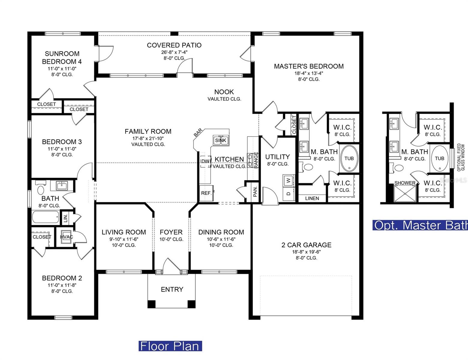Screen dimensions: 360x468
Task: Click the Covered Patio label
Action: [x=174, y=45]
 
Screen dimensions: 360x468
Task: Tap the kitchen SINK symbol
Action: [x=221, y=140]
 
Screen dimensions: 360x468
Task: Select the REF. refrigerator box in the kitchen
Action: [x=206, y=193]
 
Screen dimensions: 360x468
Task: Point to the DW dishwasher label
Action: [x=205, y=161]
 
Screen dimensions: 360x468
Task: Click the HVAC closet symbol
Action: [x=66, y=237]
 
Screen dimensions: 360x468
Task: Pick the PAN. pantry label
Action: [x=255, y=191]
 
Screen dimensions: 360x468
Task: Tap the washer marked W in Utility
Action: [x=288, y=180]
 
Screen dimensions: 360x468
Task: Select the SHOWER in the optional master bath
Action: [x=405, y=193]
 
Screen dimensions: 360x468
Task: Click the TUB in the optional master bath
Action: [x=439, y=158]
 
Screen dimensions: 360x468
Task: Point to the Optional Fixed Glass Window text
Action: [x=461, y=157]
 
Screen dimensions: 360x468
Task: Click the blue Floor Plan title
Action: [x=170, y=346]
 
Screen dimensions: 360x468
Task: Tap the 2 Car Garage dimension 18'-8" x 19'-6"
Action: [x=306, y=252]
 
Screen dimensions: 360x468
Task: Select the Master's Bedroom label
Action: [x=309, y=66]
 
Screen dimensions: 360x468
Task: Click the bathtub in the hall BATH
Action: [x=46, y=217]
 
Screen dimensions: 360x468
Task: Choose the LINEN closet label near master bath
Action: [x=312, y=198]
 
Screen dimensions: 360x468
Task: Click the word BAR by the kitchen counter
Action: [x=198, y=133]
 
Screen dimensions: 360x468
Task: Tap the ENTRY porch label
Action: [x=172, y=289]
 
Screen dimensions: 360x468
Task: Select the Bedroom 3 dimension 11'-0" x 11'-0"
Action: [x=62, y=148]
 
